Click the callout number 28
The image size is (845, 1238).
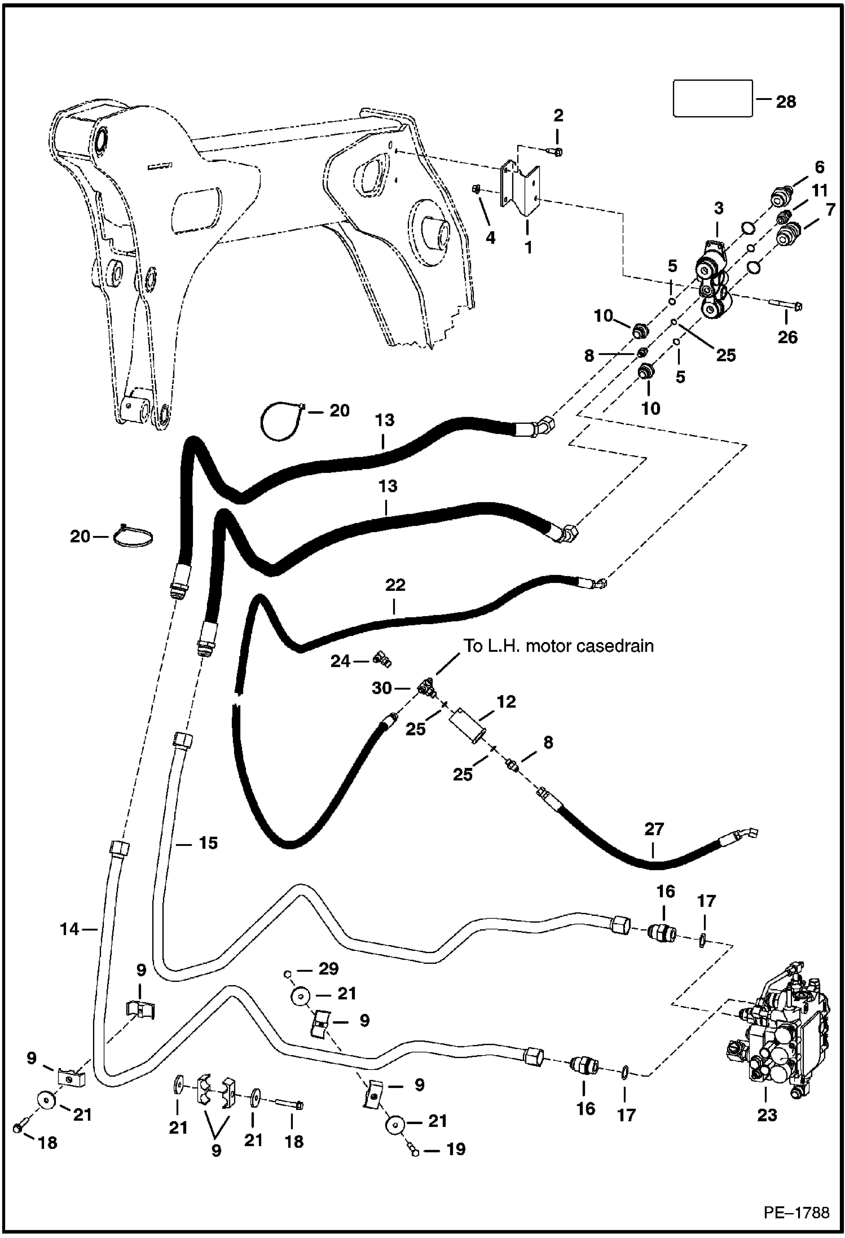(786, 102)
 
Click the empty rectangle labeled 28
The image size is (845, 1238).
(713, 98)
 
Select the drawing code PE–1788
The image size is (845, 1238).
(796, 1212)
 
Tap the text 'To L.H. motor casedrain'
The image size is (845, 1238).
(558, 646)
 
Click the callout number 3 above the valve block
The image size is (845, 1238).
(718, 208)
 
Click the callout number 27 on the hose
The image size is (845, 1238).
(654, 829)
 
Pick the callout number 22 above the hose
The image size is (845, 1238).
(395, 585)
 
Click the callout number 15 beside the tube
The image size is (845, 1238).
(208, 842)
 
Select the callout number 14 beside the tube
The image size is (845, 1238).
(69, 928)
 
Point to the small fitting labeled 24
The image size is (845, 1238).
(382, 658)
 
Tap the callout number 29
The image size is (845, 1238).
(328, 968)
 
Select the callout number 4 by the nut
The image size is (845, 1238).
(490, 238)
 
